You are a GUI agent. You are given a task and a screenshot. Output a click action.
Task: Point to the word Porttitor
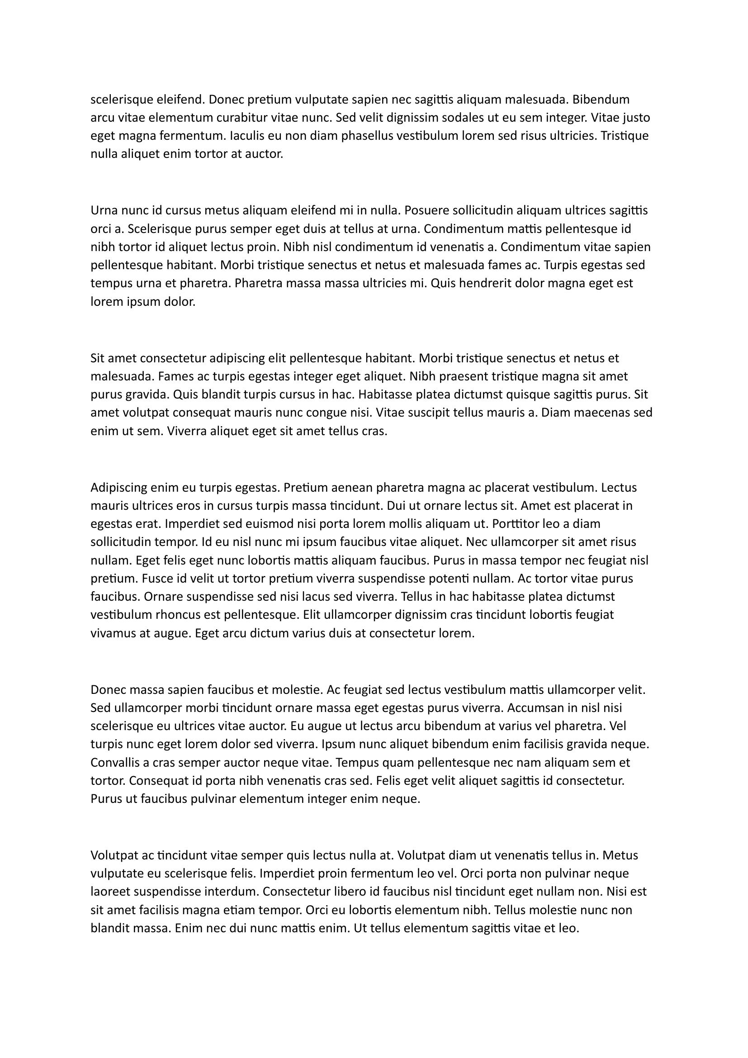[516, 524]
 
